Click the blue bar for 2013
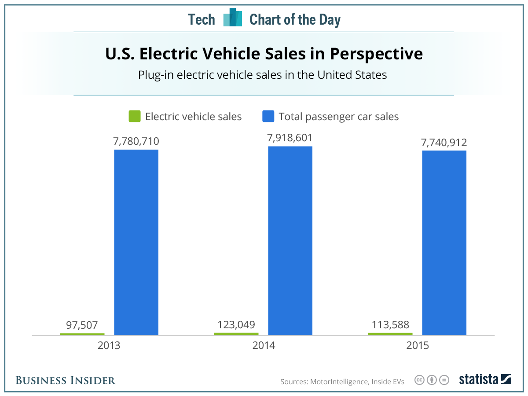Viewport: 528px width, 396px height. pos(136,242)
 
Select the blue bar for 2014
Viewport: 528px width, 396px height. pos(290,241)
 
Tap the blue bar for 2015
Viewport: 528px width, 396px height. pos(444,243)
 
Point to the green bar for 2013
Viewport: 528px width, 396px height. pos(82,334)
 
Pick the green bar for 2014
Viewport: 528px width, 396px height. pos(236,334)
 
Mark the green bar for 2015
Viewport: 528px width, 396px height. pos(390,334)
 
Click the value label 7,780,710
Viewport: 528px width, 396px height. pos(136,141)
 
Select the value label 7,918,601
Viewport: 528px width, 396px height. pos(290,138)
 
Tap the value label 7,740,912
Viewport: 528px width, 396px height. pos(444,142)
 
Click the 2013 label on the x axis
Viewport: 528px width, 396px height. pos(109,345)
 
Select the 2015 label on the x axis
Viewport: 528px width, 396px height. pos(417,345)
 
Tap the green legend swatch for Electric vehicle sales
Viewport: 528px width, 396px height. pos(134,117)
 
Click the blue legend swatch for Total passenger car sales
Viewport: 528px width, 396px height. pos(268,117)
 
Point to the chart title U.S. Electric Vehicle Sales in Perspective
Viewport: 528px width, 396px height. pos(264,54)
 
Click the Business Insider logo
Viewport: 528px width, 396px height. pos(66,380)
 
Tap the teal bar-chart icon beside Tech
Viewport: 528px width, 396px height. pos(232,18)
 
